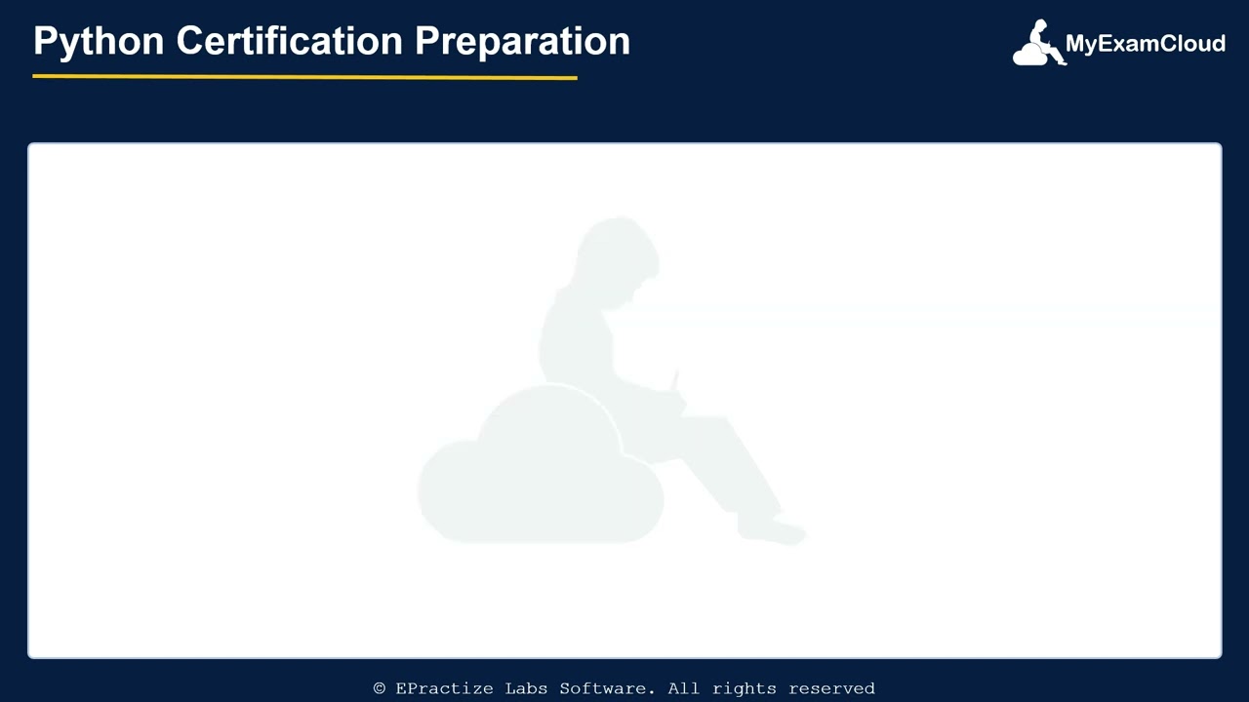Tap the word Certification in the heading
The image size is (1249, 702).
(289, 41)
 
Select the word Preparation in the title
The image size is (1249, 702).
(522, 42)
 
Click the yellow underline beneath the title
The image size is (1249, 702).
(304, 76)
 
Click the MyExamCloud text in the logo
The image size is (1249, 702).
(1145, 44)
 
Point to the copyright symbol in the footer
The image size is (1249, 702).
(380, 688)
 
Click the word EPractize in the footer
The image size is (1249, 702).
(444, 688)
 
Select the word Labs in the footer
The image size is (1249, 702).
(526, 688)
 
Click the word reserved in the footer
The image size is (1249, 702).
(831, 688)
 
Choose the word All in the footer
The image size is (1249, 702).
(684, 688)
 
